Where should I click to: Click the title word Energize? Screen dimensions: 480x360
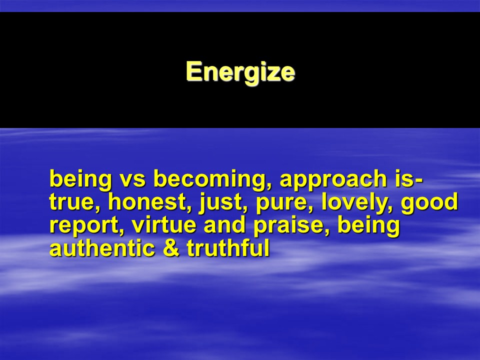[x=240, y=71]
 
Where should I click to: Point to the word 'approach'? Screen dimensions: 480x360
[x=333, y=180]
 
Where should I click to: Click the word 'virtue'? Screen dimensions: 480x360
[x=164, y=225]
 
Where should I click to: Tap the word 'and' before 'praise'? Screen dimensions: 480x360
[x=224, y=224]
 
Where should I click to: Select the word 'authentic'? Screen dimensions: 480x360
[x=102, y=248]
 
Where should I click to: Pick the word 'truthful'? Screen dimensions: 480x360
[x=228, y=248]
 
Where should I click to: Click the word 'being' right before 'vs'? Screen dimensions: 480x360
[x=80, y=180]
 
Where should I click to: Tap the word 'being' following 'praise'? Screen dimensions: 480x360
[x=369, y=226]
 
